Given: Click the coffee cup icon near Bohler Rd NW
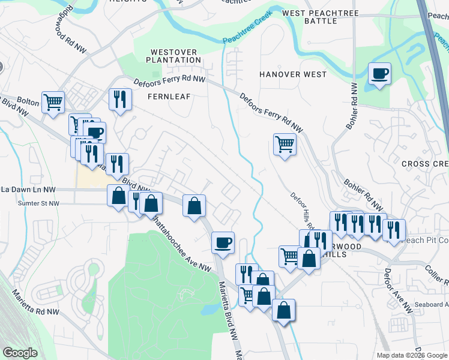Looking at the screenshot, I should coord(379,74).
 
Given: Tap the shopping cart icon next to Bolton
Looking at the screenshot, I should coord(53,101).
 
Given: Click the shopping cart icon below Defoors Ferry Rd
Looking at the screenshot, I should coord(285,143).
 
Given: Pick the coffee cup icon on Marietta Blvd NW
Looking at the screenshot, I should coord(223,242).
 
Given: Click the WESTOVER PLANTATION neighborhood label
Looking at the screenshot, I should coord(175,56).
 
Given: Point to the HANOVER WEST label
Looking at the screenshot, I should coord(293,74).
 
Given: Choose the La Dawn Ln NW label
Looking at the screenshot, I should coord(28,190).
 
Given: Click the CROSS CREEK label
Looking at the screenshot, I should coord(424,164).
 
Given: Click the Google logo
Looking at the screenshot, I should coord(20,352).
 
